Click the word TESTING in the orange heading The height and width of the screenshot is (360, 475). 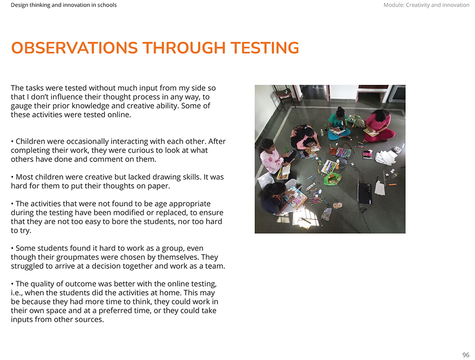coord(265,48)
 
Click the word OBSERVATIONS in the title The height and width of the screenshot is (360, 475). coord(74,48)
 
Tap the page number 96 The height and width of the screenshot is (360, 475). coord(465,355)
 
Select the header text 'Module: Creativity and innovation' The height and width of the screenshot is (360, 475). coord(426,5)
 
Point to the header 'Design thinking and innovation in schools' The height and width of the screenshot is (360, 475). coord(64,5)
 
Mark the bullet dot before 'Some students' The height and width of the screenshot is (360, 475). coord(12,248)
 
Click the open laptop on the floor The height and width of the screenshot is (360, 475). coord(364,192)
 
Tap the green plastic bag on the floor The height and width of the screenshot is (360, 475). coord(332,179)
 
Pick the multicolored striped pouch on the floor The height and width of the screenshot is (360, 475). coord(342,152)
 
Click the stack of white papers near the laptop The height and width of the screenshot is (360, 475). coord(385,157)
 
